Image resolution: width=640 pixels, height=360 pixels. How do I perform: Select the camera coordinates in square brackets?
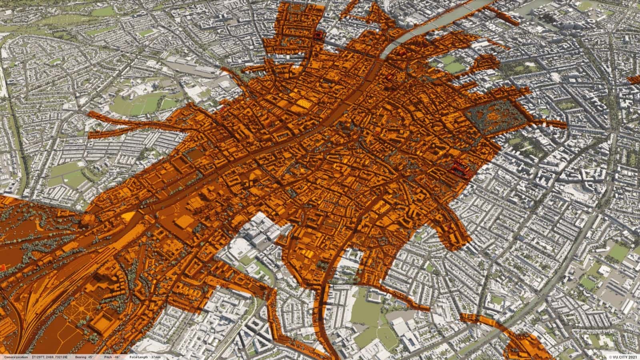pos(50,357)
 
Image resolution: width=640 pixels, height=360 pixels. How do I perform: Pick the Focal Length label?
pos(138,357)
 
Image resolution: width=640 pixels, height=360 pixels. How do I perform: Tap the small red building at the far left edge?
pos(3,267)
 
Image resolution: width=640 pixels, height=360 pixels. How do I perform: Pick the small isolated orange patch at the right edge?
pos(634,79)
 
